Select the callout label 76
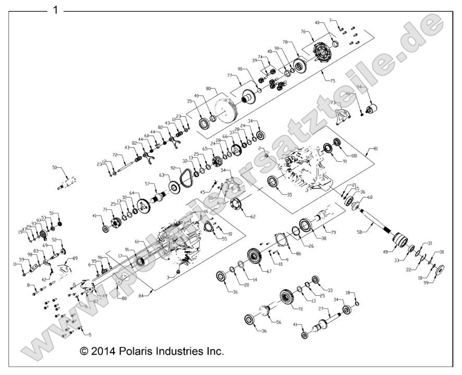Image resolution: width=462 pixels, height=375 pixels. [x=303, y=32]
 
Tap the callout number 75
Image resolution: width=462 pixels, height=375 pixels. [x=332, y=81]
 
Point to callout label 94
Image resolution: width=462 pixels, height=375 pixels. [x=359, y=87]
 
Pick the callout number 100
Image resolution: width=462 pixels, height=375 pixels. [x=354, y=156]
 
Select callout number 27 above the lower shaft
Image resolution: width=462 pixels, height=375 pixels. [x=322, y=309]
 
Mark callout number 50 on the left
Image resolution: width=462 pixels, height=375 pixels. [x=55, y=168]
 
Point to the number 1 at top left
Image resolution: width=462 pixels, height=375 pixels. [x=55, y=10]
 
